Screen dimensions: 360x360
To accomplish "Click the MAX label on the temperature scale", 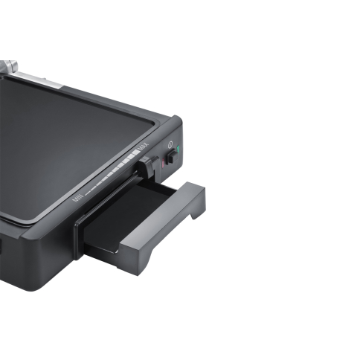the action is [144, 147].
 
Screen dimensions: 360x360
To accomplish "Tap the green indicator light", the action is [178, 150].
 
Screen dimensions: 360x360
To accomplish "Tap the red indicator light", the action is [163, 164].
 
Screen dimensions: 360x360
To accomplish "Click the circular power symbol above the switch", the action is [170, 144].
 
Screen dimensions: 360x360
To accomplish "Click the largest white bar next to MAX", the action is [135, 152].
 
